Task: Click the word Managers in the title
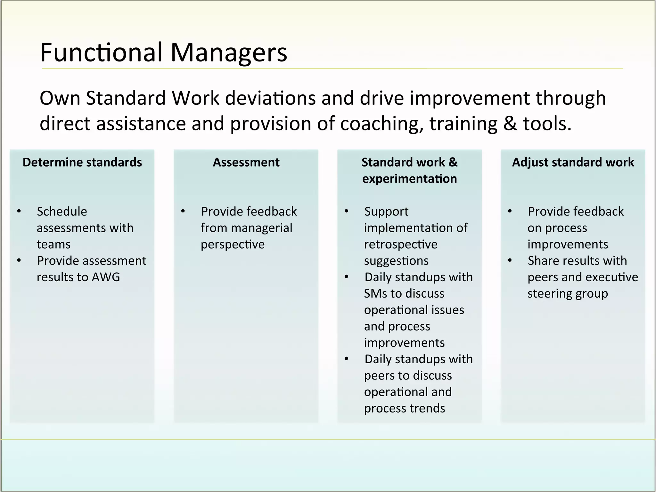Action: [229, 53]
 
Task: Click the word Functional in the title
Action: [102, 53]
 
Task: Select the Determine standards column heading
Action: [82, 162]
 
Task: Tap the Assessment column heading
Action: [246, 162]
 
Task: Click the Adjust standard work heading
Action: [573, 162]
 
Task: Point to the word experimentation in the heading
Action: [409, 179]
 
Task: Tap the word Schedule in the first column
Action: [62, 212]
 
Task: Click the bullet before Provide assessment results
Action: [19, 260]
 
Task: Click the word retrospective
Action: [400, 244]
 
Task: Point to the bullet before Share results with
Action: [510, 260]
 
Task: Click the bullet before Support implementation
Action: [347, 211]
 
